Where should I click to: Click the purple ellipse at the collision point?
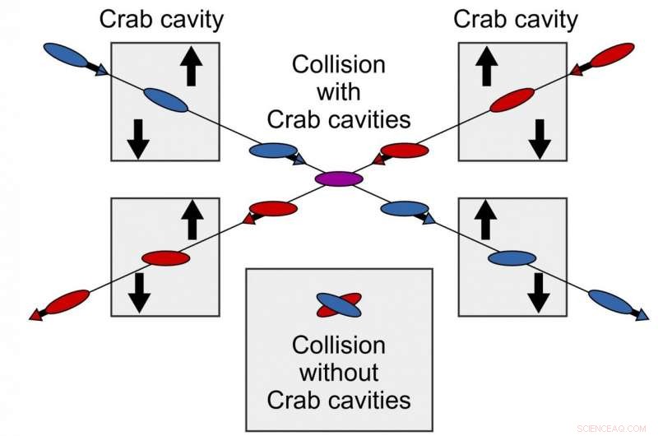(339, 179)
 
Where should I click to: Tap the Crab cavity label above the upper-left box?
(161, 19)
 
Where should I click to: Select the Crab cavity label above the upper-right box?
(516, 19)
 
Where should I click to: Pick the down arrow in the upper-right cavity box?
(539, 137)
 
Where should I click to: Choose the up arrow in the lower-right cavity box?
(485, 221)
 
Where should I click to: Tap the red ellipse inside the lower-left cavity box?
(165, 258)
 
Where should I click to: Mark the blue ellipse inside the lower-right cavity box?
(512, 258)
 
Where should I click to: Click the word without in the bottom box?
(339, 372)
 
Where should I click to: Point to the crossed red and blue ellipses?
(339, 305)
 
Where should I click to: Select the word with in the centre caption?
(339, 91)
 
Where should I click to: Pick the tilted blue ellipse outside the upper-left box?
(65, 55)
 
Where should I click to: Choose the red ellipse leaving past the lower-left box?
(67, 301)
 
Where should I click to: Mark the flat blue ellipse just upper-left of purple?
(273, 150)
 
